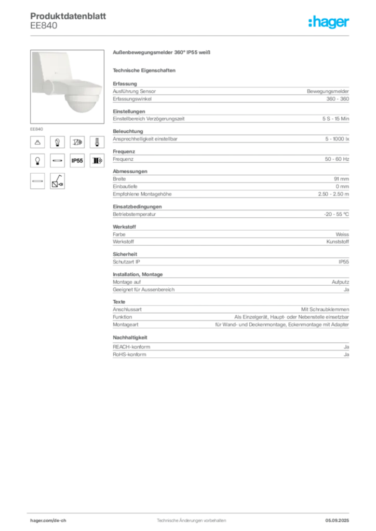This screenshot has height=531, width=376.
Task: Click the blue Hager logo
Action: [x=330, y=23]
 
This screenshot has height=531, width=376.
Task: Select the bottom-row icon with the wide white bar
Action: [x=37, y=181]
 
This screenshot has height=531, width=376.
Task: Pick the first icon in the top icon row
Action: [x=37, y=142]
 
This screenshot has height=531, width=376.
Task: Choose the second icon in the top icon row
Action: [x=57, y=142]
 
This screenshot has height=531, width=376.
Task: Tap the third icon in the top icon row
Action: [x=77, y=142]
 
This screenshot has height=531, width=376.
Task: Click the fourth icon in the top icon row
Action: [x=97, y=142]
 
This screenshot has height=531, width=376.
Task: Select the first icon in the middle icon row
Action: [x=37, y=161]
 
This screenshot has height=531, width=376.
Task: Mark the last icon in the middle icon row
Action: [x=97, y=161]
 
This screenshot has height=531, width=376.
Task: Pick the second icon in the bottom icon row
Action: [x=57, y=181]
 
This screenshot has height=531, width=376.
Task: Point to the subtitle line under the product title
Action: [x=145, y=70]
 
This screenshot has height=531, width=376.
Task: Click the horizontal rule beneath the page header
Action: [x=191, y=35]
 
